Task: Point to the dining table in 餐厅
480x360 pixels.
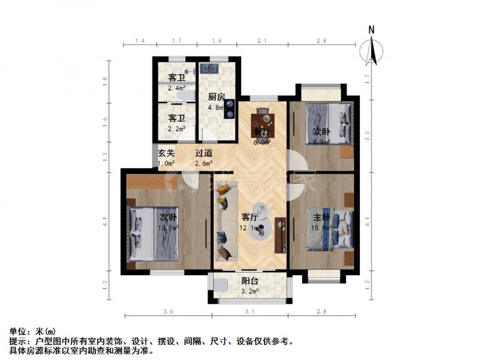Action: pos(262,118)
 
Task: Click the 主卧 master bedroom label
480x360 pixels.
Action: pos(322,217)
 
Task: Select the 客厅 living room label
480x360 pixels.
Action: pos(250,218)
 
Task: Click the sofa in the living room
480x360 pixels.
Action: pos(225,221)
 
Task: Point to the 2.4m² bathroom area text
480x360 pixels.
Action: pos(177,89)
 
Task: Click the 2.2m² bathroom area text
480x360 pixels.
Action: pos(177,129)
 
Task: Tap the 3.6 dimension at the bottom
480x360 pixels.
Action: pos(169,311)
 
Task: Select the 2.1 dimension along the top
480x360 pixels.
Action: pos(261,41)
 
